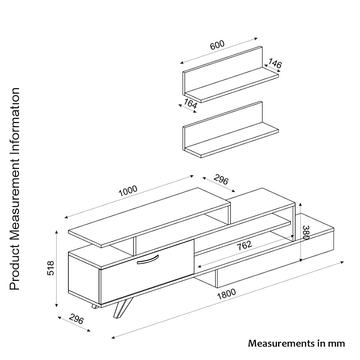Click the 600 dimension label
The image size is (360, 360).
coord(217,45)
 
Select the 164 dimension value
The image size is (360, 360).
coord(190,104)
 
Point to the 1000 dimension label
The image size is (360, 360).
coord(128,190)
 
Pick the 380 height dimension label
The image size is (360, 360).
coord(306,232)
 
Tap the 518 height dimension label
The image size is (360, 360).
coord(51,268)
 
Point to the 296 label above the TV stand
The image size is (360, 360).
coord(221,179)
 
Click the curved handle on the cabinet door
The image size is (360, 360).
coord(147,259)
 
